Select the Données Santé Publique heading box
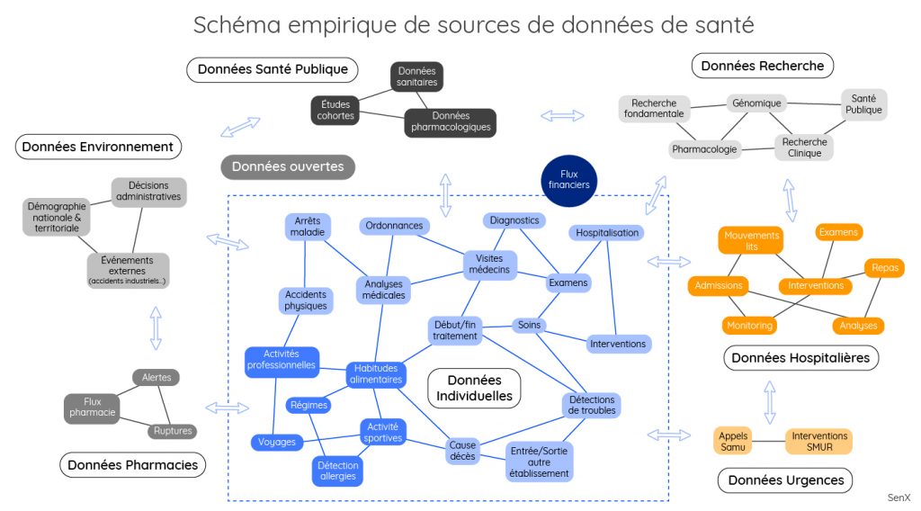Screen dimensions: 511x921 pyautogui.click(x=272, y=69)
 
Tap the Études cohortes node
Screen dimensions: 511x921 pyautogui.click(x=336, y=110)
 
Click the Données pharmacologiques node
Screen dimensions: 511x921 pyautogui.click(x=451, y=122)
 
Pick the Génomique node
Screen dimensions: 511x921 pyautogui.click(x=756, y=103)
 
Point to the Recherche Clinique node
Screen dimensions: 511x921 pyautogui.click(x=804, y=148)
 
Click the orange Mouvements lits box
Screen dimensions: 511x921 pyautogui.click(x=752, y=240)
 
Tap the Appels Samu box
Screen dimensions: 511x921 pyautogui.click(x=733, y=441)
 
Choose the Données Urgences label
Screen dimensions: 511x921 pyautogui.click(x=785, y=480)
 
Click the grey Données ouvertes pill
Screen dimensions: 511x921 pyautogui.click(x=288, y=166)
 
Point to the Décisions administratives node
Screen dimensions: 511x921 pyautogui.click(x=148, y=192)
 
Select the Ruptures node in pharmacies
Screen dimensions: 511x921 pyautogui.click(x=173, y=431)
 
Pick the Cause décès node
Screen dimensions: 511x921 pyautogui.click(x=463, y=450)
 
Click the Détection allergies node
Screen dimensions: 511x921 pyautogui.click(x=337, y=471)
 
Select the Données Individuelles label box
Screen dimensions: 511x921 pyautogui.click(x=474, y=388)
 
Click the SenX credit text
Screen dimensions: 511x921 pyautogui.click(x=899, y=497)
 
